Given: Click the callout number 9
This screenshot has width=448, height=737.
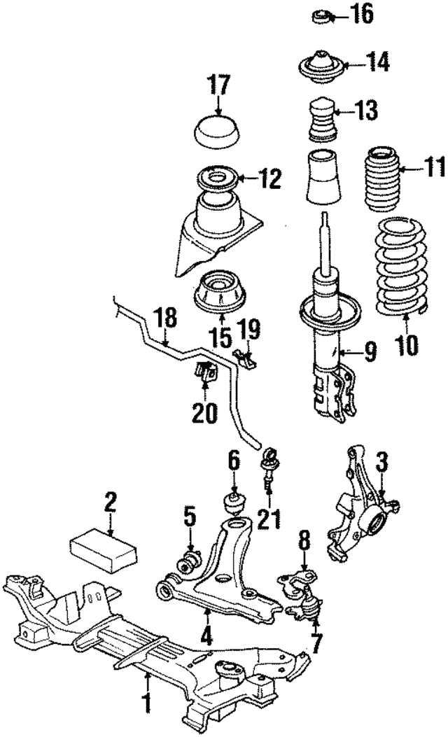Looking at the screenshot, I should click(369, 348).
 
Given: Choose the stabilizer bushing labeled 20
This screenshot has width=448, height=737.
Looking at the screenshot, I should click(205, 372).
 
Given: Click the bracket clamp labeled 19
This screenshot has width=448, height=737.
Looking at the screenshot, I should click(244, 357).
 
